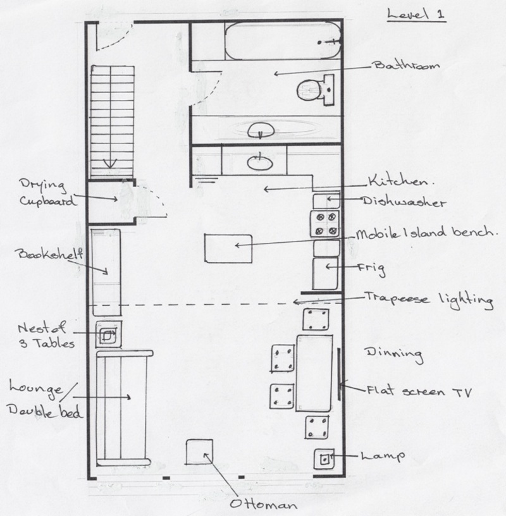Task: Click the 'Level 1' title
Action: tap(416, 15)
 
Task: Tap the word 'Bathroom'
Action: tap(407, 65)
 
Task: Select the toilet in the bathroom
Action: tap(316, 90)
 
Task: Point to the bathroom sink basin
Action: tap(261, 130)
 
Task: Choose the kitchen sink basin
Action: tap(260, 163)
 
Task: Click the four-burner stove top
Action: tap(325, 224)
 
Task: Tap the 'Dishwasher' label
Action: tap(404, 201)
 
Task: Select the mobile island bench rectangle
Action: tap(228, 249)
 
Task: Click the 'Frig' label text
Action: tap(372, 269)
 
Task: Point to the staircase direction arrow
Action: tap(110, 163)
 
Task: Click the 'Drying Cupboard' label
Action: tap(46, 193)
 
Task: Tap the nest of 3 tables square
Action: tap(109, 335)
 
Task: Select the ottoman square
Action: tap(199, 452)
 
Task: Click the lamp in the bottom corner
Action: tap(324, 458)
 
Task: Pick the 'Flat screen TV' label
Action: tap(419, 391)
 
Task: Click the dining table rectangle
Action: tap(314, 373)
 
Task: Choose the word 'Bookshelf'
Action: tap(49, 254)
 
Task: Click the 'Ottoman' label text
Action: tap(263, 504)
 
